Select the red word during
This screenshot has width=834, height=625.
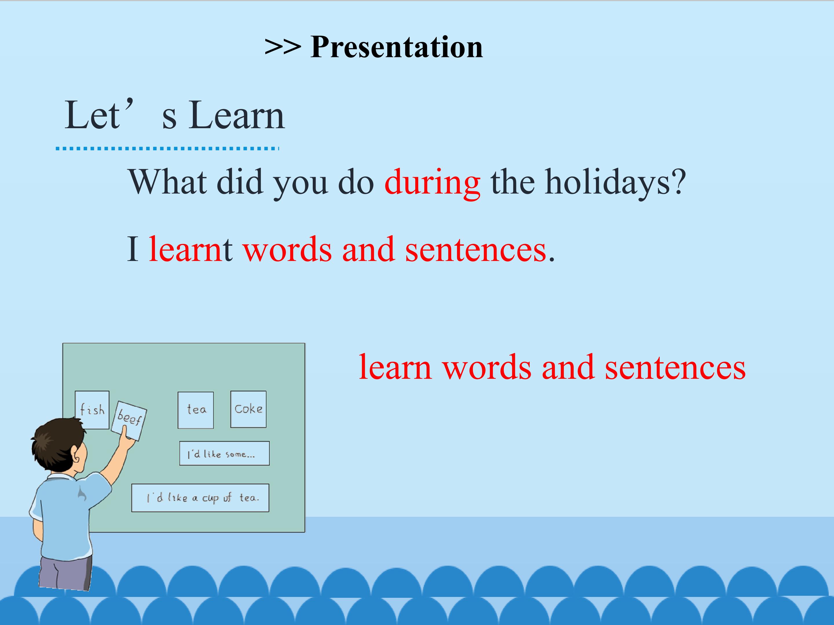coord(432,182)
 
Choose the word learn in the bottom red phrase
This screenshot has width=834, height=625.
coord(395,367)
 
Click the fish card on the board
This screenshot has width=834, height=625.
coord(92,410)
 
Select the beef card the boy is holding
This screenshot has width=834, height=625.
coord(129,420)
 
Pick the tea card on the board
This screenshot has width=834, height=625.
coord(196,410)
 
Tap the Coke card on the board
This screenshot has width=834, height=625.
coord(248,409)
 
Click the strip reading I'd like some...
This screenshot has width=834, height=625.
coord(224,453)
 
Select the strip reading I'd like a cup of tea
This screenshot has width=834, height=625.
coord(200,498)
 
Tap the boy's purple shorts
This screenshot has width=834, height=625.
coord(66,573)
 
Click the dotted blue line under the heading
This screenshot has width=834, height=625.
coord(167,148)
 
